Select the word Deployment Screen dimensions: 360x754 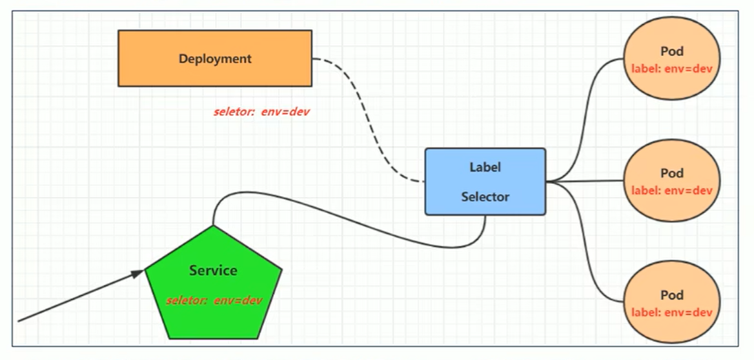215,58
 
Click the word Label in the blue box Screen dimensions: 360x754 485,166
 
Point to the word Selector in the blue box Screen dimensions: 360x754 485,197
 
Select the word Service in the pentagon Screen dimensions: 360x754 213,270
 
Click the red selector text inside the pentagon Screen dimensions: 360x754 214,300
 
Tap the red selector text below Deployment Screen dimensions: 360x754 261,112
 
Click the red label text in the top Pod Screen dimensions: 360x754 672,68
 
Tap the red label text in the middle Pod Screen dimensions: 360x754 672,190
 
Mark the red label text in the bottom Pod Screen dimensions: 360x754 672,312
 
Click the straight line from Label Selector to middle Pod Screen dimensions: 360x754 584,181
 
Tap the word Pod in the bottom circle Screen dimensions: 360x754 672,295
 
